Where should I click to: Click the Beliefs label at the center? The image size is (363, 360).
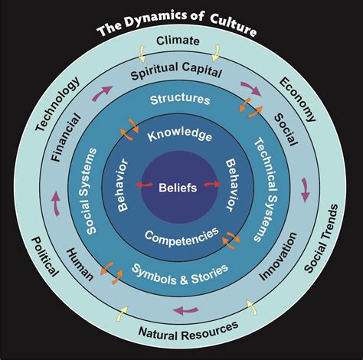(x=178, y=188)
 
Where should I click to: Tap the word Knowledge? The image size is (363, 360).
(x=180, y=134)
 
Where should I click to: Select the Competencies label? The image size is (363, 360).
(x=181, y=237)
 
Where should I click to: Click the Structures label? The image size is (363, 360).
(x=180, y=100)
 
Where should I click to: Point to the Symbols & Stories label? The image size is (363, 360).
(x=180, y=275)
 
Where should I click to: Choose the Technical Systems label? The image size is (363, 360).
(x=265, y=189)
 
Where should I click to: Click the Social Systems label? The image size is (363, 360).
(x=91, y=191)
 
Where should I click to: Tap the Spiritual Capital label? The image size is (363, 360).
(x=176, y=71)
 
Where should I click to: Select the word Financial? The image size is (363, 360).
(x=66, y=138)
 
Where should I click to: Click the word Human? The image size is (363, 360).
(x=80, y=264)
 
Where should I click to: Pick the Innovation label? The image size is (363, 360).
(x=278, y=256)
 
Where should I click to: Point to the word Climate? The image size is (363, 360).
(x=178, y=41)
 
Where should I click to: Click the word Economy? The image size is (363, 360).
(x=298, y=100)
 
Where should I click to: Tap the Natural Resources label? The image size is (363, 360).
(x=188, y=331)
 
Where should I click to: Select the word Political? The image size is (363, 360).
(x=45, y=257)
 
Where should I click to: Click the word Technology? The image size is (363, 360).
(x=57, y=104)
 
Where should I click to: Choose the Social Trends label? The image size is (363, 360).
(x=322, y=238)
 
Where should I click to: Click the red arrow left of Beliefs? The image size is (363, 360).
(x=144, y=185)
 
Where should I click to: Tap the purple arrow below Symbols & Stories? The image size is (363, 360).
(x=185, y=310)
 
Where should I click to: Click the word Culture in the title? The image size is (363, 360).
(x=234, y=25)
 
